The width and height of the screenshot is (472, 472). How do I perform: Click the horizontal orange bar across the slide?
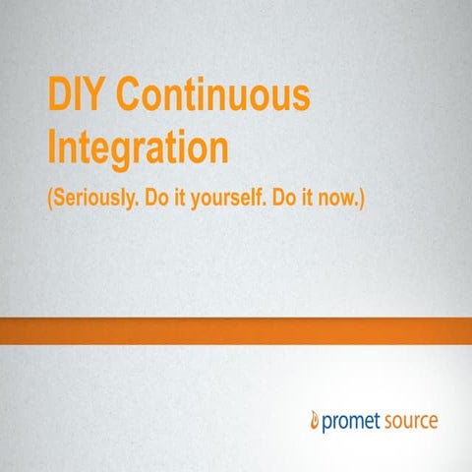pyautogui.click(x=236, y=331)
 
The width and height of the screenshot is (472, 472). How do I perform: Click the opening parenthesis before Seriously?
pyautogui.click(x=50, y=198)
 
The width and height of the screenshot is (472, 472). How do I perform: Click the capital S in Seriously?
pyautogui.click(x=60, y=198)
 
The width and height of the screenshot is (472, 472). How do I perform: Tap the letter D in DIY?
pyautogui.click(x=61, y=98)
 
